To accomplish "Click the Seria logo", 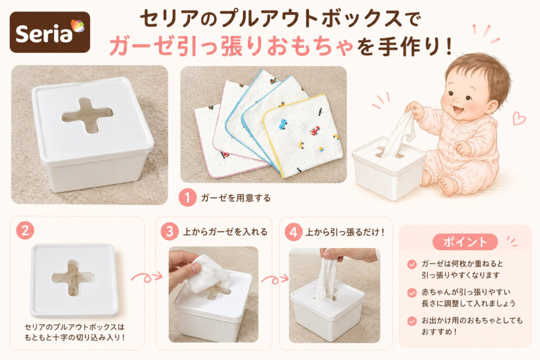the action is (x=50, y=32).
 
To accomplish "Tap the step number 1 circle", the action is (x=187, y=198).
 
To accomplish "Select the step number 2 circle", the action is (x=25, y=230).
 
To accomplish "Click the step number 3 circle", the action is (x=169, y=231).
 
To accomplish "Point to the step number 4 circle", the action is (x=293, y=231).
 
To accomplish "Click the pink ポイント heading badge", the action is (x=465, y=241).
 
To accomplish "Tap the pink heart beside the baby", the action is (x=519, y=119).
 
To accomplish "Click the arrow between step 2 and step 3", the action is (x=147, y=276).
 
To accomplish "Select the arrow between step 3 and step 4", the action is (x=275, y=279).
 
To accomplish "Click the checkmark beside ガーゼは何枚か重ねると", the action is (x=412, y=264).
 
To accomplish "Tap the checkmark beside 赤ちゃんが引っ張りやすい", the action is (x=412, y=293).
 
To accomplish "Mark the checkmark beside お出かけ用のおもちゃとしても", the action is (x=412, y=321).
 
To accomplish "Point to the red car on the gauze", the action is (x=315, y=130).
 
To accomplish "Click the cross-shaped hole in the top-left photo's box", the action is (x=88, y=115).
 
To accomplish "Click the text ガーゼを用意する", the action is (x=236, y=198).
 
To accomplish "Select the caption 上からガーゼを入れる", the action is (x=225, y=231).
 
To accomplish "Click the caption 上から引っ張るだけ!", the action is (x=345, y=232).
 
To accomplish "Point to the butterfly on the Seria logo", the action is (x=78, y=26).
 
